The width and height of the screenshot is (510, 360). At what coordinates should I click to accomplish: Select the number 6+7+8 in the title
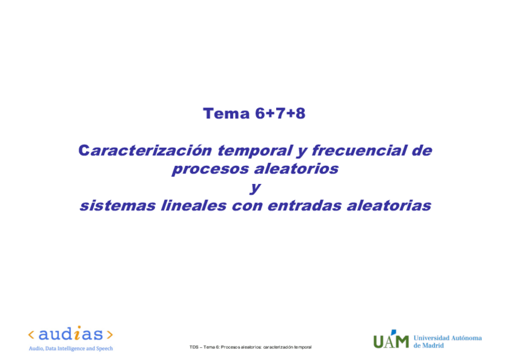(x=280, y=114)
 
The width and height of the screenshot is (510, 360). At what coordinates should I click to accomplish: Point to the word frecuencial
(x=352, y=150)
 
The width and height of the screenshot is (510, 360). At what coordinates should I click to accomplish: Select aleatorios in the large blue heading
(x=296, y=169)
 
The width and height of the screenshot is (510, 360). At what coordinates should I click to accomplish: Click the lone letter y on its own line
(x=255, y=188)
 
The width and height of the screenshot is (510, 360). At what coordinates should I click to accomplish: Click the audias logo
(x=70, y=334)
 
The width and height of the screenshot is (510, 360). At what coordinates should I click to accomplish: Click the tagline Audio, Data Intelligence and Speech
(x=70, y=349)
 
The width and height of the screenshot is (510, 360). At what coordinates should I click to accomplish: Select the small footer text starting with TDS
(x=250, y=347)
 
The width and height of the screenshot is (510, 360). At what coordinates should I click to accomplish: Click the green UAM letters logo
(x=390, y=340)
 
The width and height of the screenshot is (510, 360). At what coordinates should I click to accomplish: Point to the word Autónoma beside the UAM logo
(x=464, y=338)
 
